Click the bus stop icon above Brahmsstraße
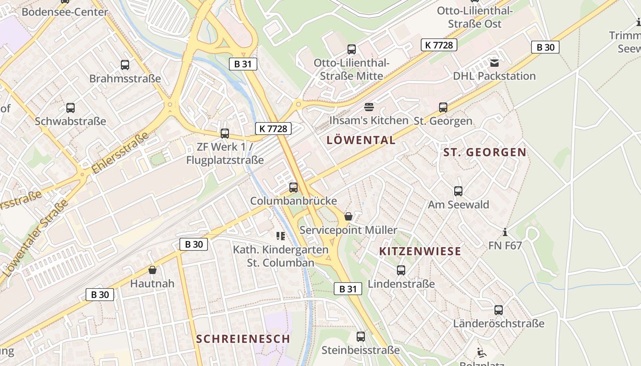point(125,65)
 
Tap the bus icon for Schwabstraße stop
point(71,108)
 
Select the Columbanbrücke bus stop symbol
point(293,188)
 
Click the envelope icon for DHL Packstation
point(494,63)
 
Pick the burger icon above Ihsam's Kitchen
point(369,107)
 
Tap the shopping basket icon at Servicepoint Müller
point(348,216)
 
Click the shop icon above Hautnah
point(152,270)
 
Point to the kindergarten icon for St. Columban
point(281,236)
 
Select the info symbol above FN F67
point(505,232)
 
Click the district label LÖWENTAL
point(361,140)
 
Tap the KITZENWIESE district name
point(420,251)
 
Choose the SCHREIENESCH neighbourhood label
point(243,339)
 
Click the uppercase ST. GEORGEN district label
point(485,152)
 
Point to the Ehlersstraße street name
point(120,152)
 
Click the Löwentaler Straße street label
point(35,238)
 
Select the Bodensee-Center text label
point(65,12)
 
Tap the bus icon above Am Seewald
point(458,191)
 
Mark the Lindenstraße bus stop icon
point(401,270)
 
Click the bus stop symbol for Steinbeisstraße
point(361,337)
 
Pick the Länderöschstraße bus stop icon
point(499,310)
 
